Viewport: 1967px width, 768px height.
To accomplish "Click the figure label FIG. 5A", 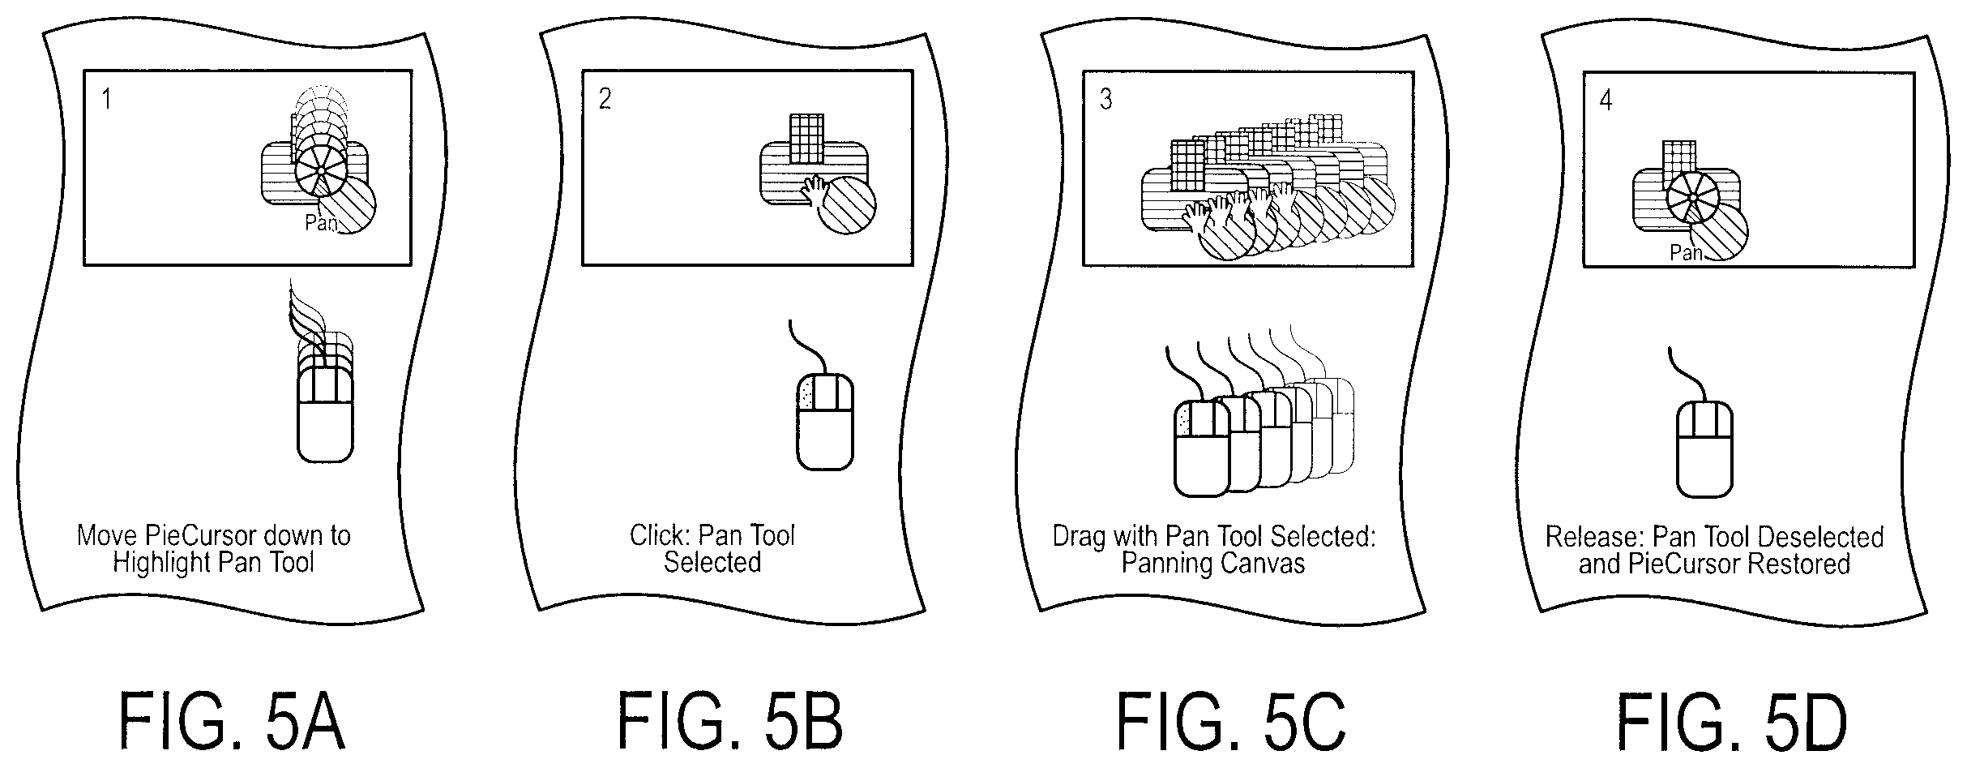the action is (x=233, y=721).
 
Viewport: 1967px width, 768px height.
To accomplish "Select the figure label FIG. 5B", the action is (x=730, y=721).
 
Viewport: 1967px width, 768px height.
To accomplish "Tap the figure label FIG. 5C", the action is (x=1231, y=721).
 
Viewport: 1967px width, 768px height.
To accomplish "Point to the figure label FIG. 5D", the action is (x=1732, y=721).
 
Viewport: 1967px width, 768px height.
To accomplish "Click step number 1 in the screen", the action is (x=106, y=99).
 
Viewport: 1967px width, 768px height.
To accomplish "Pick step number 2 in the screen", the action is (x=605, y=99).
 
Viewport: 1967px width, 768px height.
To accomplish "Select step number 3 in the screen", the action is (x=1106, y=99).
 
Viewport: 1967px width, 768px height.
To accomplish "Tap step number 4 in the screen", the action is (x=1606, y=100).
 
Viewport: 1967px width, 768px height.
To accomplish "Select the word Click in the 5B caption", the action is (x=660, y=535).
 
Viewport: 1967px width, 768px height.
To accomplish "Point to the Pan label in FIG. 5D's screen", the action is (x=1686, y=253).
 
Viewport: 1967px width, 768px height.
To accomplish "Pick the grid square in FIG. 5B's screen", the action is (x=806, y=139).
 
